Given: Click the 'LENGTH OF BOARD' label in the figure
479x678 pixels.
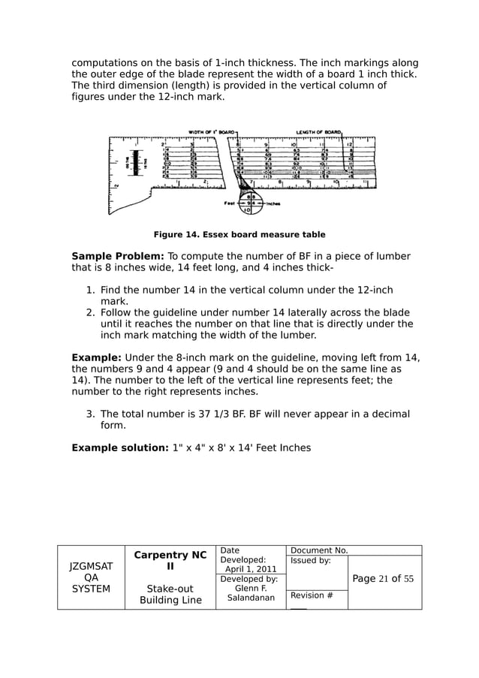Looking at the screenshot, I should point(319,131).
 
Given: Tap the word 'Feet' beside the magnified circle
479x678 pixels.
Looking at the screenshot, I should point(231,202).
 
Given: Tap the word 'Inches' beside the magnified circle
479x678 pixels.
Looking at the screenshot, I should point(273,203).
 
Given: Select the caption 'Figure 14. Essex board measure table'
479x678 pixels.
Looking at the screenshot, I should point(239,234).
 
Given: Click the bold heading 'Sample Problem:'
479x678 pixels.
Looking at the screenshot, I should point(117,257).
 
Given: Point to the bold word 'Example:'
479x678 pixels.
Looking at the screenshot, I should point(96,357).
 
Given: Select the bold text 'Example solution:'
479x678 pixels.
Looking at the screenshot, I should point(115,448).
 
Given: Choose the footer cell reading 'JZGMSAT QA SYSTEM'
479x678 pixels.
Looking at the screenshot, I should point(91,578).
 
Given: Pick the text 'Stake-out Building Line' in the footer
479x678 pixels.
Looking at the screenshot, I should point(170,594).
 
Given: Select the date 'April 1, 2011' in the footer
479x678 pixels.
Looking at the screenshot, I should point(250,569).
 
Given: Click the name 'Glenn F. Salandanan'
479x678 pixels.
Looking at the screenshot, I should point(252,593).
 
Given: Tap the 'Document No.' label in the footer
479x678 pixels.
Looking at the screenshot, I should point(318,551).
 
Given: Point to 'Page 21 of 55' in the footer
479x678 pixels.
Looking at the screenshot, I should point(383,578).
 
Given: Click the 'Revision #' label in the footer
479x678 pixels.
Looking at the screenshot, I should point(312,595).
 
